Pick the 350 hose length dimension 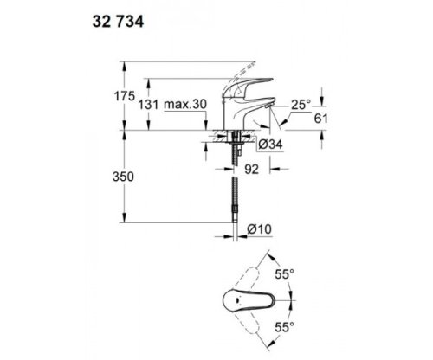tap(127, 176)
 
